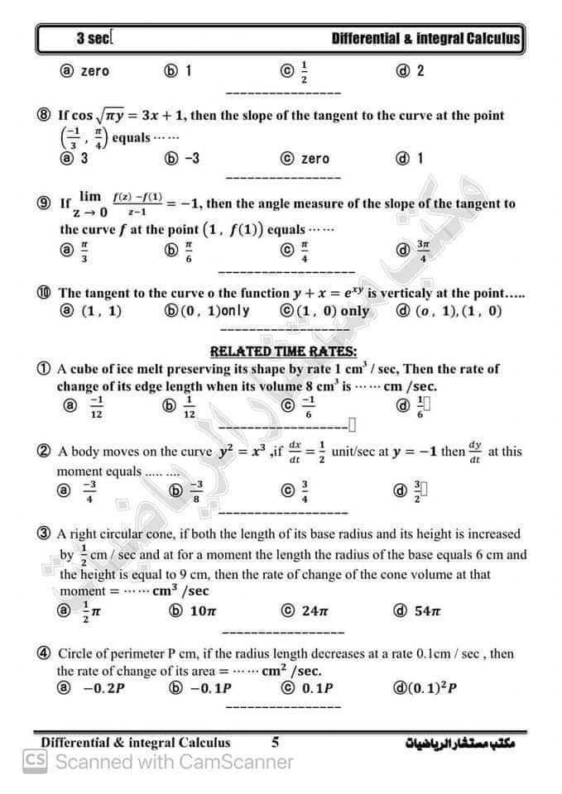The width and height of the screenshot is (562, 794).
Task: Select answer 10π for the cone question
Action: tap(203, 611)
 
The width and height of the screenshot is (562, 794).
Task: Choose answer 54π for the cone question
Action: tap(427, 611)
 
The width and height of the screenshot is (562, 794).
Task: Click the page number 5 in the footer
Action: tap(275, 742)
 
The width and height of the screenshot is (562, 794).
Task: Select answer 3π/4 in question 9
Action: tap(423, 251)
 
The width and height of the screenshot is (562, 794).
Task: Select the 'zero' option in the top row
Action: tap(94, 71)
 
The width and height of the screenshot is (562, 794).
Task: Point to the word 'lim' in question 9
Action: tap(89, 196)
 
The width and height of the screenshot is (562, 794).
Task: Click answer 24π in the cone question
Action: tap(315, 611)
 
